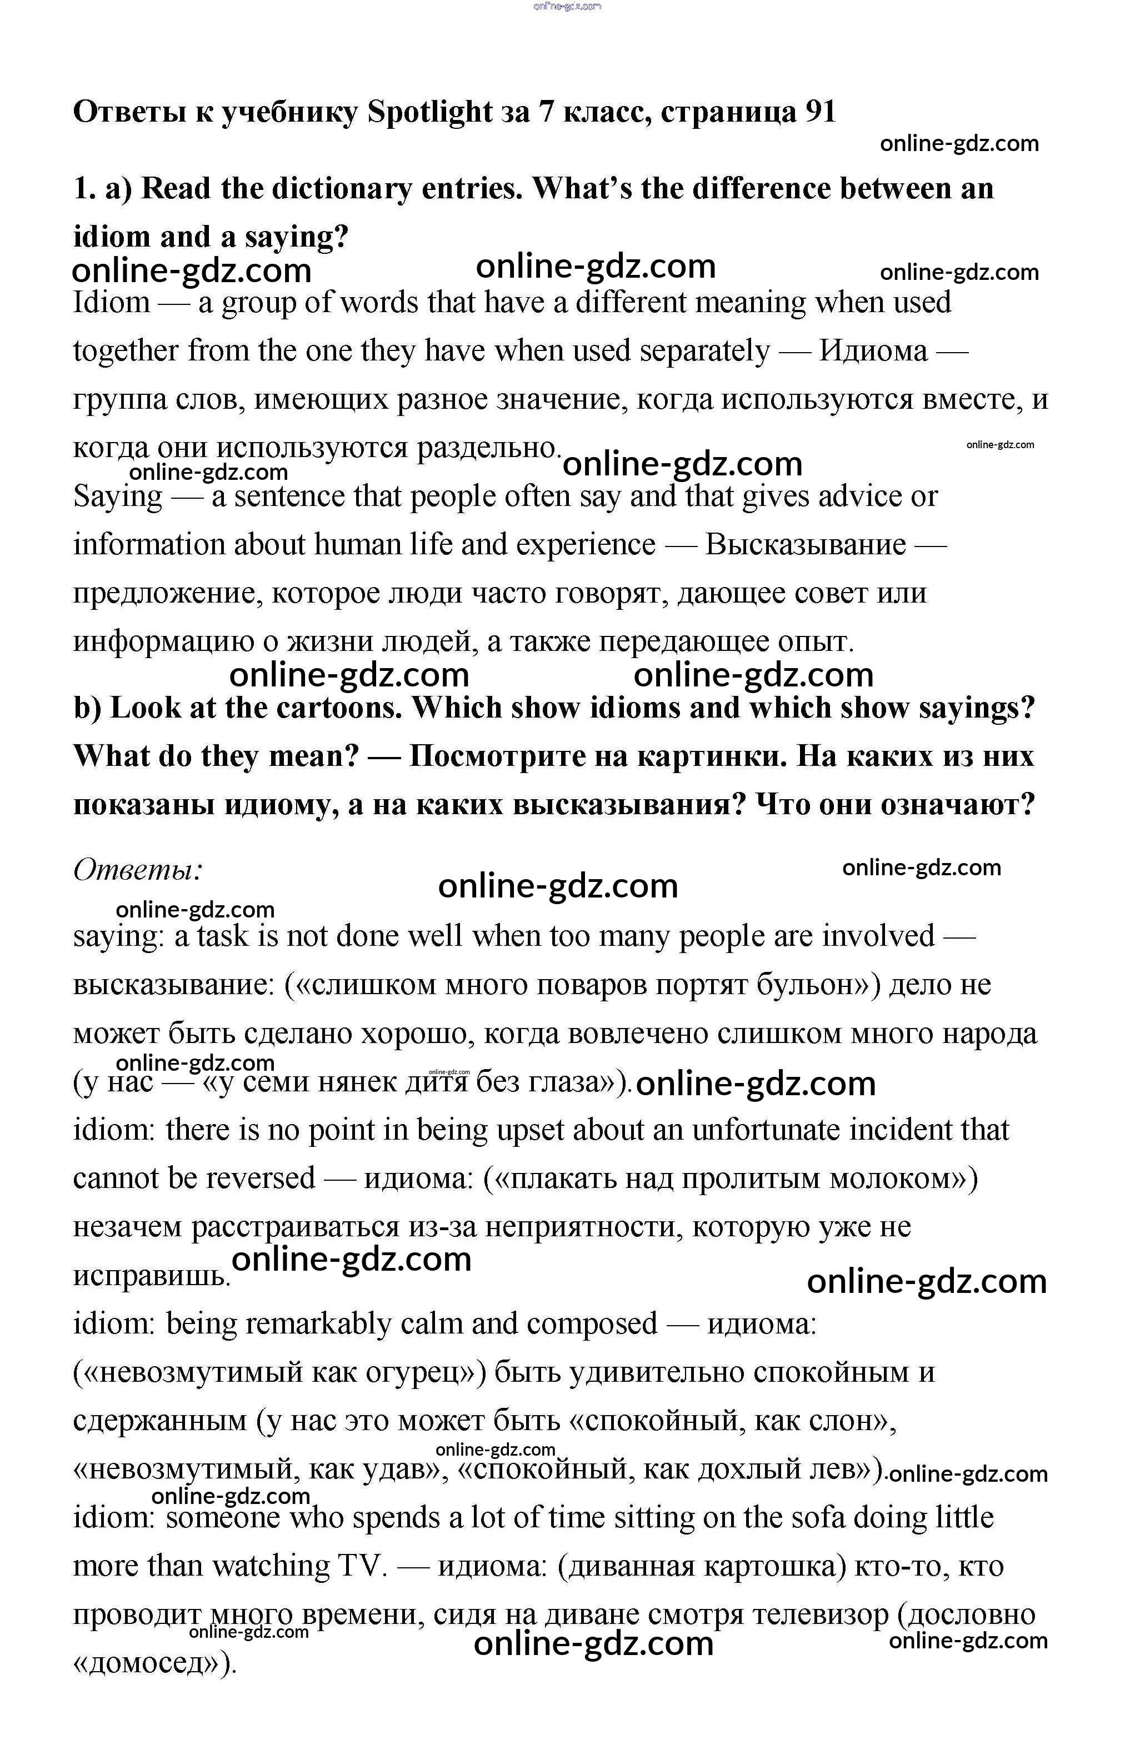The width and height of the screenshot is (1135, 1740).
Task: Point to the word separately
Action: tap(705, 351)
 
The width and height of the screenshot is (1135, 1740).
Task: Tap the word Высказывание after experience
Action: tap(805, 545)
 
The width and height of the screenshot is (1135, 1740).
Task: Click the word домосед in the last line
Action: tap(146, 1663)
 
